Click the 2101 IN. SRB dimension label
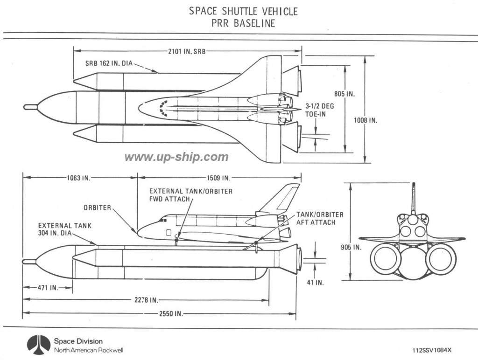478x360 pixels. (187, 51)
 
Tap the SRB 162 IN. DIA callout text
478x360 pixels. (109, 63)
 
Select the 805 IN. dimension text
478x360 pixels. (344, 94)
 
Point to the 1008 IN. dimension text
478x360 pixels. (365, 120)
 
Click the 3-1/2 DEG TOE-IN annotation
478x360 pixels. (320, 110)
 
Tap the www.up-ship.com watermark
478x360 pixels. (176, 157)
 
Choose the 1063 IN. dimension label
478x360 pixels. (78, 178)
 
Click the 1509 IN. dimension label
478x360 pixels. (218, 178)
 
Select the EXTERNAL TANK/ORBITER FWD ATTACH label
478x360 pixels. (191, 195)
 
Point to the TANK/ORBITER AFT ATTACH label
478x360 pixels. (320, 218)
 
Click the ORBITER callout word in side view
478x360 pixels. (97, 208)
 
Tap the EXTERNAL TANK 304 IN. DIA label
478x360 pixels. (64, 229)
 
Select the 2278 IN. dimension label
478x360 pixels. (146, 300)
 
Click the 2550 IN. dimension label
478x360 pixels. (171, 314)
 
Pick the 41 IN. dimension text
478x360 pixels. (315, 283)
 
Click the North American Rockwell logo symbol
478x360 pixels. (39, 345)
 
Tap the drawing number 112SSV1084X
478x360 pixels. (432, 350)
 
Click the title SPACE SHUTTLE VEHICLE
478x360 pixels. (243, 11)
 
